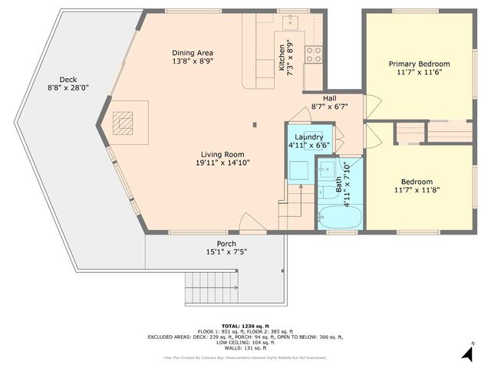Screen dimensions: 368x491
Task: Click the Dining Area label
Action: point(192,51)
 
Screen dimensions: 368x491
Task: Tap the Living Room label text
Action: point(222,153)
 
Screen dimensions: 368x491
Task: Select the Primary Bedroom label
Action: point(419,64)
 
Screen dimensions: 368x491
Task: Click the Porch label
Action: point(226,243)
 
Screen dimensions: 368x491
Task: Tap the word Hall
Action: point(329,98)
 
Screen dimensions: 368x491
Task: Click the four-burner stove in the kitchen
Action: point(314,54)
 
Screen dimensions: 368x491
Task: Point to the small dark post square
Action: point(256,123)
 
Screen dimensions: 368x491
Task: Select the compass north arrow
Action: point(466,352)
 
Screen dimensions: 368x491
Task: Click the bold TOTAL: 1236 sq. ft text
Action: point(245,325)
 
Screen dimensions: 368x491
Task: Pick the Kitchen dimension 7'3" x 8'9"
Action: point(290,58)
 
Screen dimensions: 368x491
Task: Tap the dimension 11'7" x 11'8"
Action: point(417,190)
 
